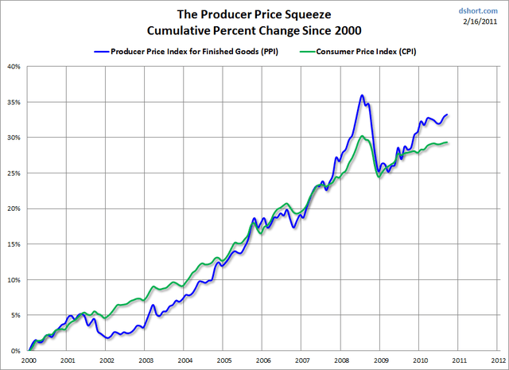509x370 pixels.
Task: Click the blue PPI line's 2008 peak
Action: [362, 95]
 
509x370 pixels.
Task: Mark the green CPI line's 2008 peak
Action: [363, 136]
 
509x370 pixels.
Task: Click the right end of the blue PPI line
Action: [448, 115]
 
